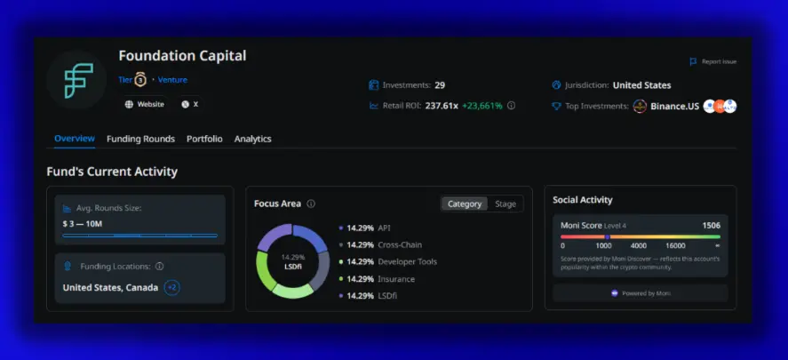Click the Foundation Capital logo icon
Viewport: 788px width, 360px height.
(x=76, y=80)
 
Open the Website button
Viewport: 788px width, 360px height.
(x=145, y=104)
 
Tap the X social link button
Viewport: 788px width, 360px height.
(x=190, y=104)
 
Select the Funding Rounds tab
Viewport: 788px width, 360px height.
(x=140, y=139)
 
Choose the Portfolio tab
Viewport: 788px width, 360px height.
(x=204, y=139)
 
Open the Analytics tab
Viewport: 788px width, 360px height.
(x=252, y=139)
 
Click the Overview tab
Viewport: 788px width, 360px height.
(x=75, y=139)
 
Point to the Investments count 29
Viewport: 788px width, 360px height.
(x=440, y=85)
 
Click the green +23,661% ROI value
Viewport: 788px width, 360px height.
(x=481, y=105)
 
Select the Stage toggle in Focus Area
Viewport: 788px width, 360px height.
(x=505, y=204)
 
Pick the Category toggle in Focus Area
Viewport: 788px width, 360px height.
(x=464, y=204)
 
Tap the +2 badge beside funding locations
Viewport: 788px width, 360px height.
(x=172, y=287)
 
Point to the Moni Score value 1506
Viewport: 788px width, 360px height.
(x=711, y=226)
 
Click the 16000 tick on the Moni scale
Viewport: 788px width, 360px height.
(x=675, y=245)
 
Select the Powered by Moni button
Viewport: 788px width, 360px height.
(x=641, y=292)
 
